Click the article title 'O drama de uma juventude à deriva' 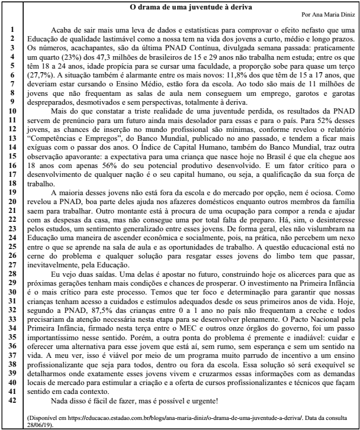191,7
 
